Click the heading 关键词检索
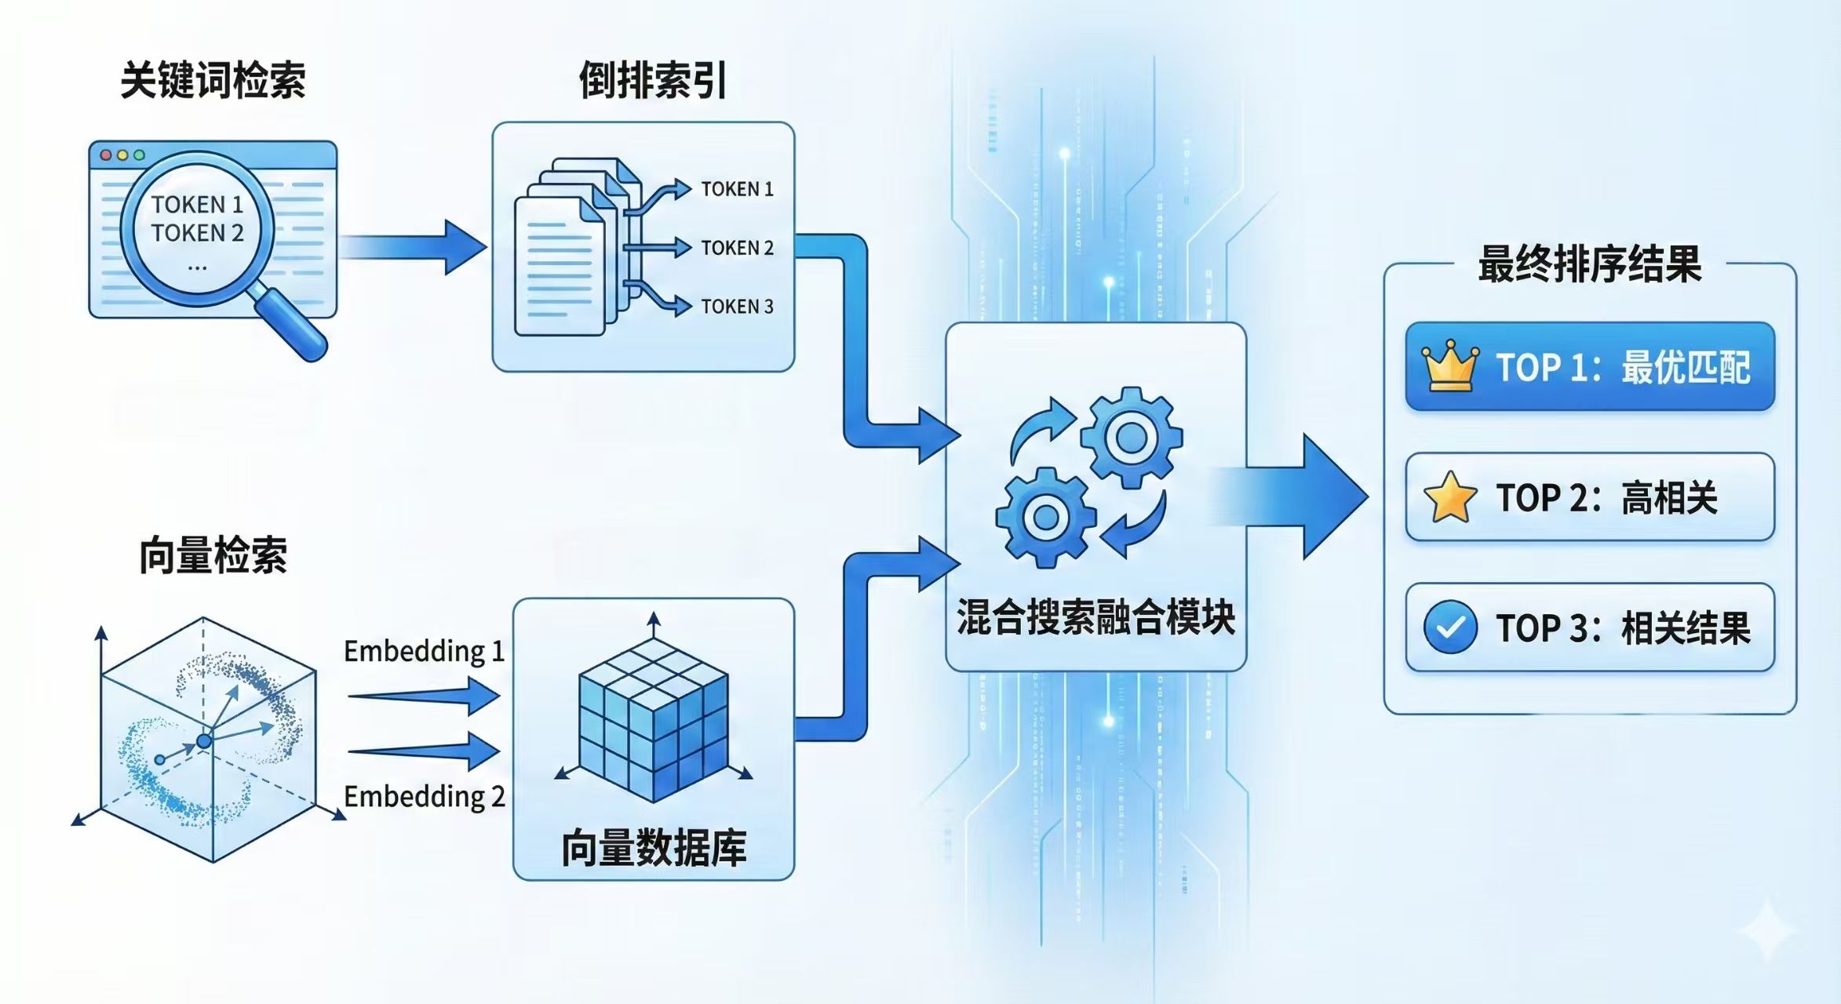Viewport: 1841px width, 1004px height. [x=213, y=81]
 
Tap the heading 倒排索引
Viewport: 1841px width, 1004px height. [x=652, y=81]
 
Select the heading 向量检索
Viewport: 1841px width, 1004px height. [x=213, y=556]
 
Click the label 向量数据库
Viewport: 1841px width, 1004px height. [x=654, y=849]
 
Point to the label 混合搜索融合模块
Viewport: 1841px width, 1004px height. [x=1095, y=617]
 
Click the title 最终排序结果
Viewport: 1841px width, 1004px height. [x=1589, y=264]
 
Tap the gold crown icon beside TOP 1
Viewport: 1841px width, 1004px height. [x=1450, y=366]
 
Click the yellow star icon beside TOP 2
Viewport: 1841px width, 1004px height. [x=1450, y=497]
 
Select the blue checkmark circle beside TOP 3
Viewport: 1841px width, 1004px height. [x=1450, y=627]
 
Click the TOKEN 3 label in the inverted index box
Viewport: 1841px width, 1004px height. [x=737, y=307]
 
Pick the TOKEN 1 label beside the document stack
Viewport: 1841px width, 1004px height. [x=737, y=189]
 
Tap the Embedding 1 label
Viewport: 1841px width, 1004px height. [x=424, y=652]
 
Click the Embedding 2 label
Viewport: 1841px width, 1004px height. [x=424, y=797]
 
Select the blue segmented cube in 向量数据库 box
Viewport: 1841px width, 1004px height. [x=654, y=719]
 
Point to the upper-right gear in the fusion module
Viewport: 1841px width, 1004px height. [x=1131, y=438]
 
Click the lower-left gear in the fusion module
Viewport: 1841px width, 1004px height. [x=1045, y=518]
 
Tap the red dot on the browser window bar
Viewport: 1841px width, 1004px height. [x=106, y=155]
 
